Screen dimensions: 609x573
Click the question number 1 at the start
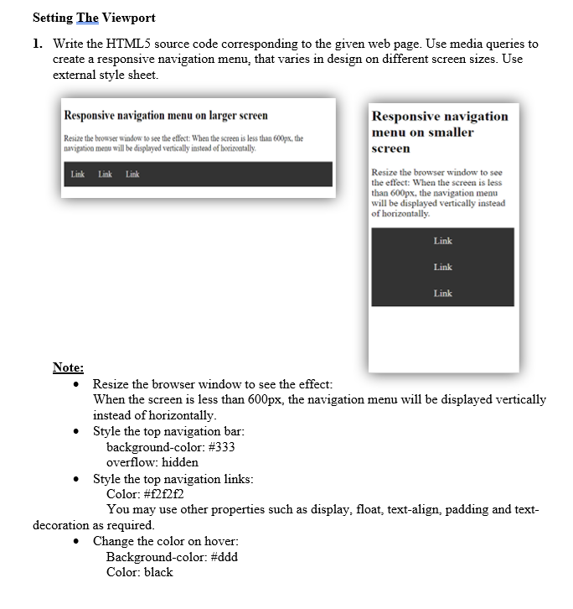(39, 44)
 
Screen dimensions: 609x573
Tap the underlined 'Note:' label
(68, 367)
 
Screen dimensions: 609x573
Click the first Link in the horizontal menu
(78, 174)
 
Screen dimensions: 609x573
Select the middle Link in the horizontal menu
(106, 174)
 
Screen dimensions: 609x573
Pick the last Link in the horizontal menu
(132, 174)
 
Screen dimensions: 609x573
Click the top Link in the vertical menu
(442, 241)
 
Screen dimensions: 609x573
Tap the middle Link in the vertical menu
(442, 267)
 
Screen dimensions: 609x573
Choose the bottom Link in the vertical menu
(442, 294)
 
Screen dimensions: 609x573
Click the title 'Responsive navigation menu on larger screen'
(166, 115)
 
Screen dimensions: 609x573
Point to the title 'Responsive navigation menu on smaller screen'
(440, 132)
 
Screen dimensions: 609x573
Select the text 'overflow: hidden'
(152, 462)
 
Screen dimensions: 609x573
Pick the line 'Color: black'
(139, 572)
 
